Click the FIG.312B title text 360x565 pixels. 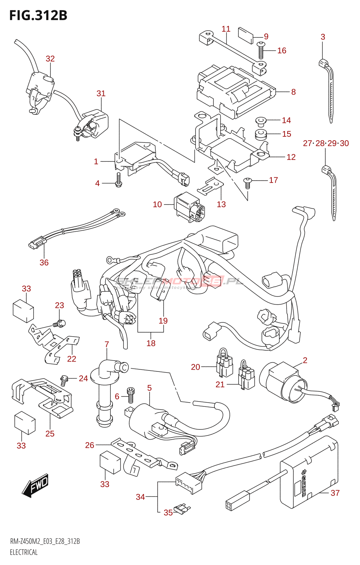click(x=38, y=16)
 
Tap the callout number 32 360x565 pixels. click(x=50, y=59)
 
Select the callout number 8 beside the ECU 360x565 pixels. click(x=293, y=92)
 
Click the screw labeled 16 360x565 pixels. click(x=261, y=50)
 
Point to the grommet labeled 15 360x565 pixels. click(x=261, y=135)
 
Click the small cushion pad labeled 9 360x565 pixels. click(x=246, y=35)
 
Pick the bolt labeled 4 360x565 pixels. click(x=119, y=180)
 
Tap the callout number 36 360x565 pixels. click(x=44, y=262)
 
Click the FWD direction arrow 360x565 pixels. click(x=36, y=485)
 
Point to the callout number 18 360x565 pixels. click(x=151, y=343)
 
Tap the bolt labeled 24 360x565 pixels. click(x=64, y=380)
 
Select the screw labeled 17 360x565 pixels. click(x=248, y=183)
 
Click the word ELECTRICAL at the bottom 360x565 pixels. click(x=24, y=552)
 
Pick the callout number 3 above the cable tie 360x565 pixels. click(x=323, y=37)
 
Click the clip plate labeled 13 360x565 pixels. click(x=211, y=186)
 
